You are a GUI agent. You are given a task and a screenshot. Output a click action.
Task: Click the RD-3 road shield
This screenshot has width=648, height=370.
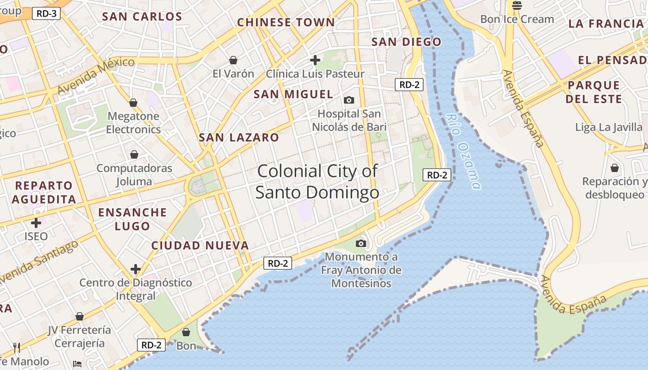pyautogui.click(x=46, y=13)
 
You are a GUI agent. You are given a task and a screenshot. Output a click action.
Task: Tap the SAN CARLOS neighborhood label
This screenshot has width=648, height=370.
pyautogui.click(x=142, y=17)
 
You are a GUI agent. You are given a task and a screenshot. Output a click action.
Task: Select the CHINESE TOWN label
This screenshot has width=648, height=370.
pyautogui.click(x=286, y=22)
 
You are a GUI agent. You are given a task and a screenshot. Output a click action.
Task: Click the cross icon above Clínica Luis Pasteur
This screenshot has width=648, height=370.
pyautogui.click(x=315, y=60)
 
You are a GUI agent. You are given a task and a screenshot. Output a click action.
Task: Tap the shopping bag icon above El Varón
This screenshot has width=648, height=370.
pyautogui.click(x=233, y=60)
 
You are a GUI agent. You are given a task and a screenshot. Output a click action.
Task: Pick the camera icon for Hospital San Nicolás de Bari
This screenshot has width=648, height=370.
pyautogui.click(x=349, y=100)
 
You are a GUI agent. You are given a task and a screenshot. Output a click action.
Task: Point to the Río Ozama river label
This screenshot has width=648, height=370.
pyautogui.click(x=463, y=151)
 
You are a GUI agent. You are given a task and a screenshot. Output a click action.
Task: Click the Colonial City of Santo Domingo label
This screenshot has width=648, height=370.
pyautogui.click(x=318, y=182)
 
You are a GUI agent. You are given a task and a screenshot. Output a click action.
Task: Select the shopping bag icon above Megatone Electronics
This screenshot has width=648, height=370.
pyautogui.click(x=133, y=103)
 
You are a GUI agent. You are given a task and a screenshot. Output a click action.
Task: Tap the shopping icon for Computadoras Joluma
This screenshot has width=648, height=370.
pyautogui.click(x=134, y=154)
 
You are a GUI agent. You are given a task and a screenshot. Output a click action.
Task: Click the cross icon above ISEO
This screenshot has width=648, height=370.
pyautogui.click(x=36, y=223)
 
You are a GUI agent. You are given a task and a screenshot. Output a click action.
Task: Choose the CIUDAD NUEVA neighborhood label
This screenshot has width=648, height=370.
pyautogui.click(x=200, y=246)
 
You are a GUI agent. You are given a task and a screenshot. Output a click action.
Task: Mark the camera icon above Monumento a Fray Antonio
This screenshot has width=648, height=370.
pyautogui.click(x=361, y=243)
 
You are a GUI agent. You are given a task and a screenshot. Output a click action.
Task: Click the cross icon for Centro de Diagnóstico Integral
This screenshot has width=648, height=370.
pyautogui.click(x=135, y=269)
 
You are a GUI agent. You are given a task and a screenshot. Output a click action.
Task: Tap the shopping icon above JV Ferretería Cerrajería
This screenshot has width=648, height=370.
pyautogui.click(x=80, y=316)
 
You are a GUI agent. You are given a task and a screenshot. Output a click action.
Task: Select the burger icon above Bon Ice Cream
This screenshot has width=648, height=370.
pyautogui.click(x=517, y=6)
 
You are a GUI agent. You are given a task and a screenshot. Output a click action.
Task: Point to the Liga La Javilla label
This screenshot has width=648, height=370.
pyautogui.click(x=609, y=127)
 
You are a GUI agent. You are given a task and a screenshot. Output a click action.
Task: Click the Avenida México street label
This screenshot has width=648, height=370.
pyautogui.click(x=96, y=75)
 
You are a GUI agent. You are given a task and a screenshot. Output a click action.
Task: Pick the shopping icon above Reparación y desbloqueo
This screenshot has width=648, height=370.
pyautogui.click(x=615, y=167)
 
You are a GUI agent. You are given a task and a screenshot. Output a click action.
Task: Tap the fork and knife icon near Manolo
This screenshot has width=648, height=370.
pyautogui.click(x=17, y=347)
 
